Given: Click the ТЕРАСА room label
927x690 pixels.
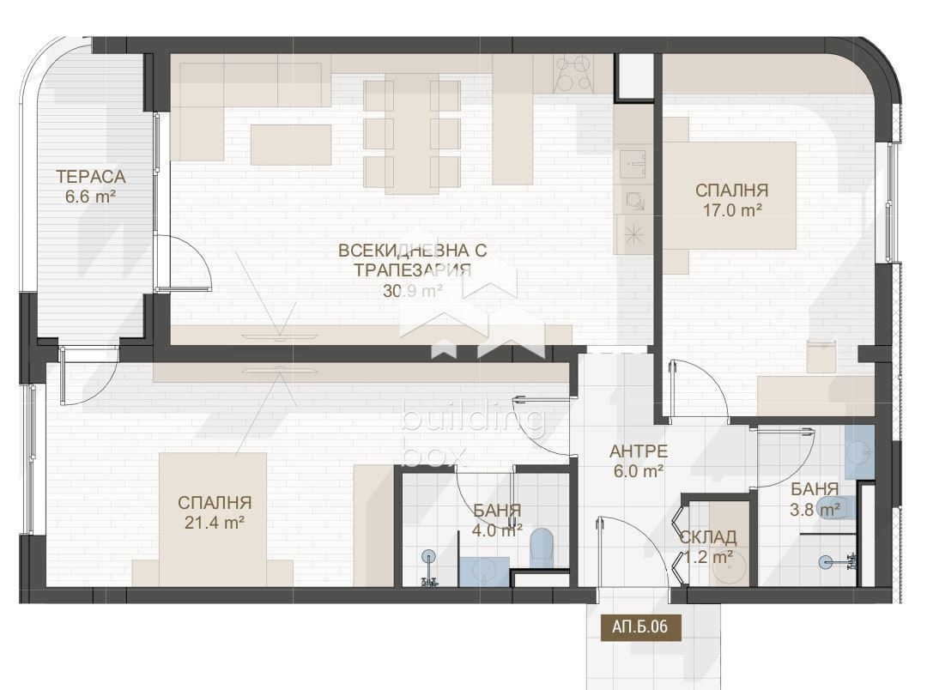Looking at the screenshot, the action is click(91, 176).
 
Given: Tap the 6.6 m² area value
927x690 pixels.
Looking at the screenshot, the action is click(90, 197).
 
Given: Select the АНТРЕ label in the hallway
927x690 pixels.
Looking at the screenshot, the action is click(639, 451).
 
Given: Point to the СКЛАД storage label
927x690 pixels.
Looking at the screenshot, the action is click(707, 537).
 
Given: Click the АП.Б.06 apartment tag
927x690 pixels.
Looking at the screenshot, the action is click(639, 626).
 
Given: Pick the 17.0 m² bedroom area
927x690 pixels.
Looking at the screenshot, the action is click(732, 210).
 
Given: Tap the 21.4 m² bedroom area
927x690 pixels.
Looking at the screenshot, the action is click(215, 522).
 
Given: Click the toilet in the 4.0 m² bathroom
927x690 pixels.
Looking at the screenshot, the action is click(542, 548).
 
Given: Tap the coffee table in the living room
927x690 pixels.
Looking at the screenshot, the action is click(291, 145).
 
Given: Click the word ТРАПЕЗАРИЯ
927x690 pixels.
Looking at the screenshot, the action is click(413, 270).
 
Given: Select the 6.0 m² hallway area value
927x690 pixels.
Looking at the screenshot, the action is click(638, 471).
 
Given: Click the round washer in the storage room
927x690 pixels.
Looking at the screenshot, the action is click(729, 568).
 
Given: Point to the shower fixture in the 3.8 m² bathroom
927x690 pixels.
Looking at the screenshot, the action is click(839, 561).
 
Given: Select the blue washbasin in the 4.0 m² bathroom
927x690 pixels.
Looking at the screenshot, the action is click(483, 572).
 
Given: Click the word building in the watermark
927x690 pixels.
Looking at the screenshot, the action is click(472, 420).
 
